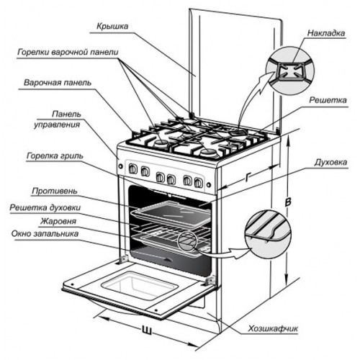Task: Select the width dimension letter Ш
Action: pos(148,332)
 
